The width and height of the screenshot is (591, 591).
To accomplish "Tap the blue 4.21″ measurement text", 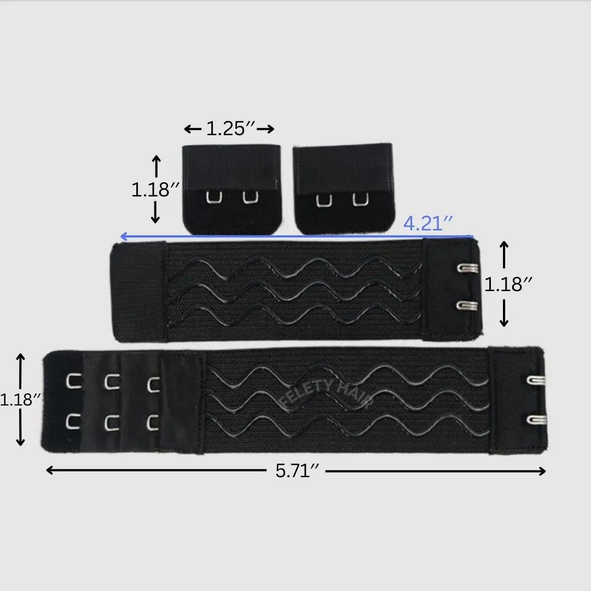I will [428, 223].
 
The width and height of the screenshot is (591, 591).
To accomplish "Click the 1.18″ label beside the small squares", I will [155, 189].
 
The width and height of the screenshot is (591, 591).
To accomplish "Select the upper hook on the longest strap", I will [536, 379].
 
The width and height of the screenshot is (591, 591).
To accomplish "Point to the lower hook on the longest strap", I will [536, 420].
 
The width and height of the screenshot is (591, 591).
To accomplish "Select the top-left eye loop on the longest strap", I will [73, 380].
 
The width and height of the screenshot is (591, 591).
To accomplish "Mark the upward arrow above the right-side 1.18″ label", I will [505, 246].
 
